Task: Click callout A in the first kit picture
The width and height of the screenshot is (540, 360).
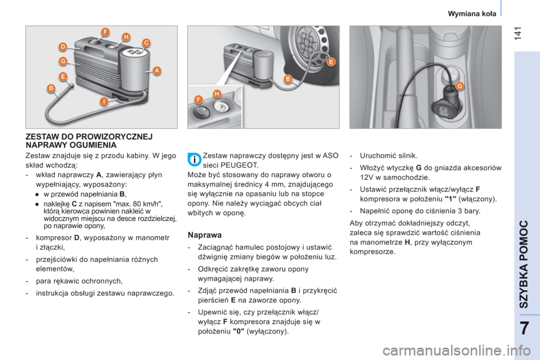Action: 157,71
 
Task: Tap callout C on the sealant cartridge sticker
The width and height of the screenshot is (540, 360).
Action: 146,43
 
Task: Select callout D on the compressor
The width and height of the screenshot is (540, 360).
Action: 62,47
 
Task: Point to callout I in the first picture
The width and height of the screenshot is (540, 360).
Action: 104,101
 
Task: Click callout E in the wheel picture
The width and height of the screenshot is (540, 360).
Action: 331,62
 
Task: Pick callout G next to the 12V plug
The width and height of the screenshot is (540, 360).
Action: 460,85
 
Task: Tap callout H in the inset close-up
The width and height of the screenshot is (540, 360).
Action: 217,94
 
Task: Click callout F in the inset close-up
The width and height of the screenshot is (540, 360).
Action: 199,100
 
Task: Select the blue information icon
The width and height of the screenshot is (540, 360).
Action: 195,160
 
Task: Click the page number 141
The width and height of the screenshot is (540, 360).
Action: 519,33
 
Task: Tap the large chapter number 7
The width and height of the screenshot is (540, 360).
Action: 524,328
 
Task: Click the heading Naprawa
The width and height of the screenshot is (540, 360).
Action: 205,235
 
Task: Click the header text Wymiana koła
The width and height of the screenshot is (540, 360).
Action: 472,13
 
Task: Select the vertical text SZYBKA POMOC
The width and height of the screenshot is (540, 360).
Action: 524,264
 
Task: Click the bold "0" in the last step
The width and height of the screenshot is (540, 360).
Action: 238,331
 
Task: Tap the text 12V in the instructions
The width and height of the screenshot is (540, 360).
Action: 367,178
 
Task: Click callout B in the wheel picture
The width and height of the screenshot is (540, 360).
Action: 288,79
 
